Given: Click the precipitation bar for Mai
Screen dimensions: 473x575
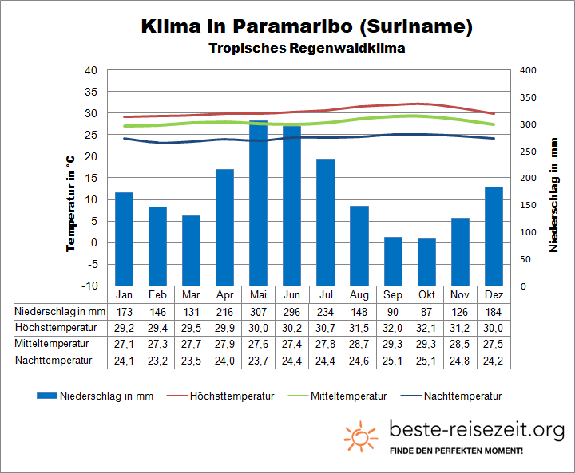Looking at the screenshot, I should coord(258,203).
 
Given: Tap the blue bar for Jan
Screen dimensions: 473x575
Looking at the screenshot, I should coord(124,238).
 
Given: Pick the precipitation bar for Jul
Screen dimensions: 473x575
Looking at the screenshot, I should coord(325,222).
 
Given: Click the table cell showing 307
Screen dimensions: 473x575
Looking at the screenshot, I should coord(258,309).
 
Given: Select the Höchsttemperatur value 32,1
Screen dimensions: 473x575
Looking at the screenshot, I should coord(426,327).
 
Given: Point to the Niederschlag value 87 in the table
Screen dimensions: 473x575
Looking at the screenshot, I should coord(426,309).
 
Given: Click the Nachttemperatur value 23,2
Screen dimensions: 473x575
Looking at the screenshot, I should coord(157,360).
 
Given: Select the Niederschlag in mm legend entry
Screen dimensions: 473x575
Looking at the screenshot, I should coord(96,396).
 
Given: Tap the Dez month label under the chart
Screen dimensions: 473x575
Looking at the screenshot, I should coord(494,294).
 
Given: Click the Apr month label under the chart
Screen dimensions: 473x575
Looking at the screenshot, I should coord(224,294).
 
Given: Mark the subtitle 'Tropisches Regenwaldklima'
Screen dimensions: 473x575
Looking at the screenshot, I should coord(307,49).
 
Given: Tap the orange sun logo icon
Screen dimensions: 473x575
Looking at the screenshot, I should coord(361,436).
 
